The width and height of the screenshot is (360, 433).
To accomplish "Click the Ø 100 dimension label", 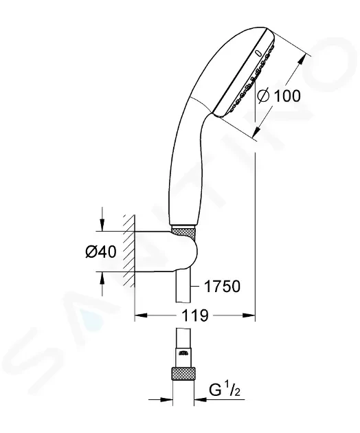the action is [278, 96].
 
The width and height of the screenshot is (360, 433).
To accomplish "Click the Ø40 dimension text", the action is [101, 252].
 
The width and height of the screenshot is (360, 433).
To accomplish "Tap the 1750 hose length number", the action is [222, 287].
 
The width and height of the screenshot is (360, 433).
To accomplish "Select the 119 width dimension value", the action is [194, 315].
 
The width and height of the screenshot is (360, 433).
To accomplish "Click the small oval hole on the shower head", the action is [259, 52].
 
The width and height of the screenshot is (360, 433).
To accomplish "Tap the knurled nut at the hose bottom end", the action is [183, 374].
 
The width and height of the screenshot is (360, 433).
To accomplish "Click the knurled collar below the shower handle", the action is [184, 230].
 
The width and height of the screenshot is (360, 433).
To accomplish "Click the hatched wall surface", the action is [129, 250].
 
